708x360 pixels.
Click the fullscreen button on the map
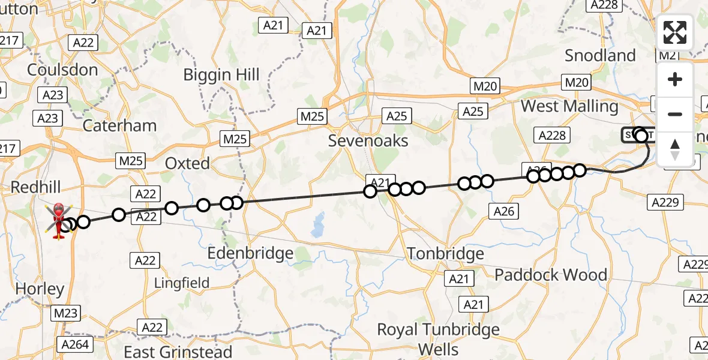(675, 32)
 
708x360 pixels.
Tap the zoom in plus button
(675, 79)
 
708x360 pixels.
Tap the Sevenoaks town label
(368, 141)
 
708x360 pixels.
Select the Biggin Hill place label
(221, 75)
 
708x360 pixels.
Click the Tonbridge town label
(445, 254)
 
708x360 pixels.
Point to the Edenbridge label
(250, 253)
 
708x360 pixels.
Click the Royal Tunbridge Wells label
(438, 339)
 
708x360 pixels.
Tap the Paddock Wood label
(551, 275)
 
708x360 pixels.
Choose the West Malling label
(569, 107)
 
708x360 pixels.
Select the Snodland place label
(600, 56)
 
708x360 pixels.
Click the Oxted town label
(188, 163)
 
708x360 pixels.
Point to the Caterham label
(119, 125)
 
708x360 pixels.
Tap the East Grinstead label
(178, 351)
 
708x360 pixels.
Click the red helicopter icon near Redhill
(59, 220)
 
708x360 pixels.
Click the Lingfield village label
(182, 283)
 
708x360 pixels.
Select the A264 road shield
(75, 344)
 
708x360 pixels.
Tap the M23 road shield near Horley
(65, 313)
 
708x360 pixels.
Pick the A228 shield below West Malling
(552, 135)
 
